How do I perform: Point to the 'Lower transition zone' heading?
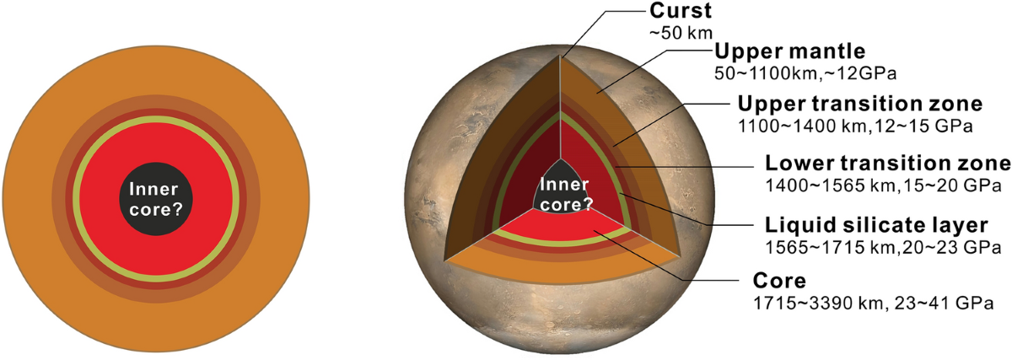[887, 163]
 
